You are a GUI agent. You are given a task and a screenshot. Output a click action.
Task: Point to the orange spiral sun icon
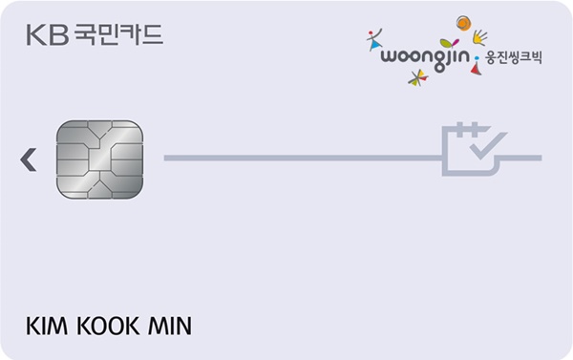point(462,23)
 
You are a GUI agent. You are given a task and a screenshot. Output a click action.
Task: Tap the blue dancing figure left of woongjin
point(373,41)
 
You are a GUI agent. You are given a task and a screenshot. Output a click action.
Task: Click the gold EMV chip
point(99,157)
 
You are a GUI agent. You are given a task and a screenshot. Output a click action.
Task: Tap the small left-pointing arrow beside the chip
point(29,159)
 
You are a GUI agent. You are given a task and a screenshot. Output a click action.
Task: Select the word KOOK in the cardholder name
point(104,326)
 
